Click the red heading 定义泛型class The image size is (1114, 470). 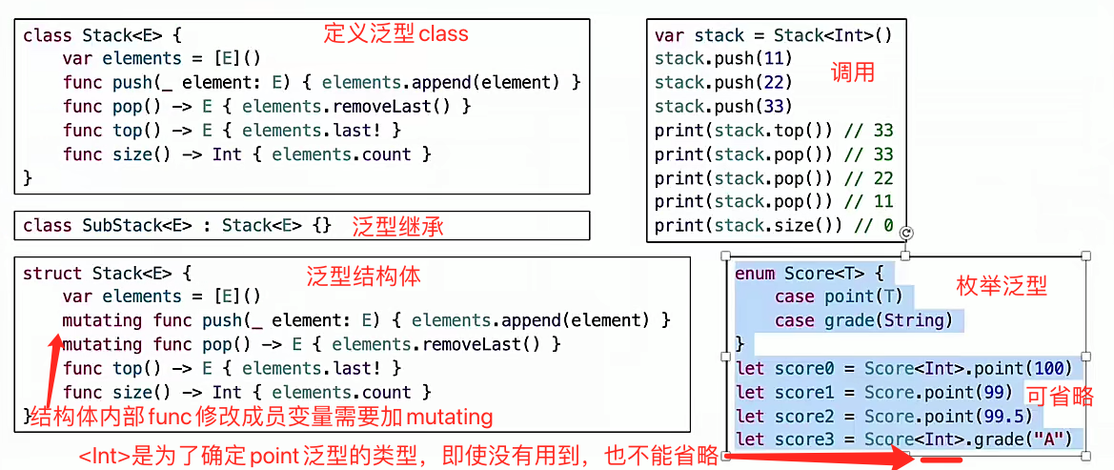click(395, 34)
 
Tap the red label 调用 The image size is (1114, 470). click(852, 72)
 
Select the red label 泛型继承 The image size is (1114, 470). click(397, 227)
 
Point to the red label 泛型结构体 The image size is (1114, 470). click(363, 276)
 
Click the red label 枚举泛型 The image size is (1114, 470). click(1002, 285)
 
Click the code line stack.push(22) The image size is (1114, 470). click(723, 83)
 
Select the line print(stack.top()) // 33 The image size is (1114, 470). click(774, 131)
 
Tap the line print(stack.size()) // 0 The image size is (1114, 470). click(774, 226)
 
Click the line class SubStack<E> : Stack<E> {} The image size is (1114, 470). click(177, 226)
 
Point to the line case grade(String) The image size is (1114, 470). click(863, 320)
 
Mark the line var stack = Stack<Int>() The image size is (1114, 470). click(773, 35)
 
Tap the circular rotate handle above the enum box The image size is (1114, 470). click(906, 233)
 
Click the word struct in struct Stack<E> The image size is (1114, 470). click(52, 274)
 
